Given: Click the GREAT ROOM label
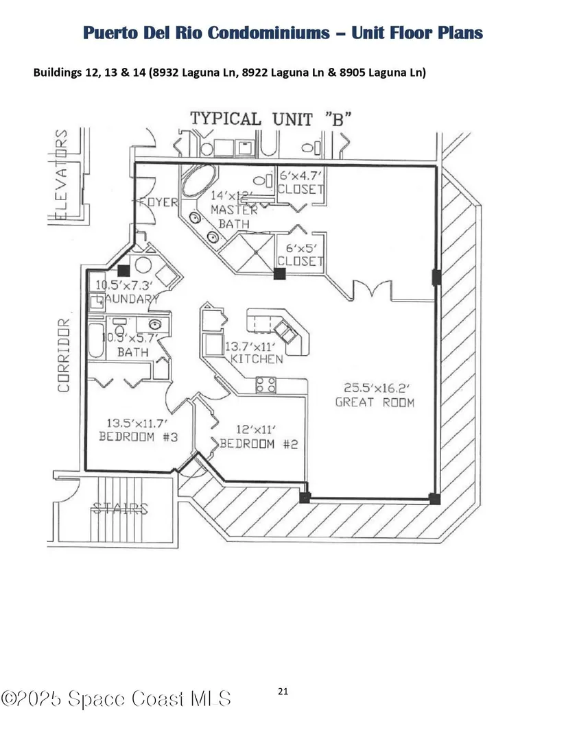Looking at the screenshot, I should coord(375,402).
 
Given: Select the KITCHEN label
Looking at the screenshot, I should coord(256,359).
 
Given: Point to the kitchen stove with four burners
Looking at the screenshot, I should coord(266,385).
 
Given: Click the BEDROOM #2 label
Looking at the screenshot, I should coord(259,443).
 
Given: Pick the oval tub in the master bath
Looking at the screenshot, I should coord(199,185).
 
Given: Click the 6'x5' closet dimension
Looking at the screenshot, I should coord(300,247).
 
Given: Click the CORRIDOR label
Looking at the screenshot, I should coord(64,355).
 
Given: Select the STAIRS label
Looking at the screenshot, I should coord(120,509).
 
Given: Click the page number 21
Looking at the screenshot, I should coord(283,691).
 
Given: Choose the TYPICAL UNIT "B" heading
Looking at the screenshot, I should coord(271,118).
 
